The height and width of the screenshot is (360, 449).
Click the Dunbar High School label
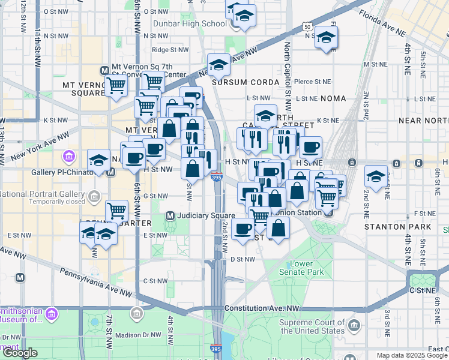pos(189,24)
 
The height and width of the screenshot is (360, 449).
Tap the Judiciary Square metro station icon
pos(170,216)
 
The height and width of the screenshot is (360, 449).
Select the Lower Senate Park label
pos(307,268)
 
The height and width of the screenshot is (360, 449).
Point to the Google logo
pos(20,353)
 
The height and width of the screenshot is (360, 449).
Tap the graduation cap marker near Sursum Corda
pos(219,65)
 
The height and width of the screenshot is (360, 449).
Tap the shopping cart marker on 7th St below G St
pos(116,211)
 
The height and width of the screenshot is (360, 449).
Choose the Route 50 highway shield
pos(307,27)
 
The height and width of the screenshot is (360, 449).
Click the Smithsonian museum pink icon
pos(52,313)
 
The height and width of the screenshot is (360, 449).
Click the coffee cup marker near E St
pos(243,229)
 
